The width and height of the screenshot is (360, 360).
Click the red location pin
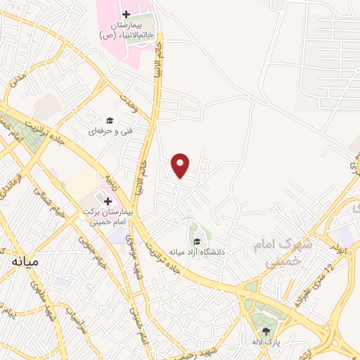(181, 165)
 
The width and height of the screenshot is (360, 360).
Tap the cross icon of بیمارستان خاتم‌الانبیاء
(125, 15)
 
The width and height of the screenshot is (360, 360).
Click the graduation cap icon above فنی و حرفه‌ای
(109, 121)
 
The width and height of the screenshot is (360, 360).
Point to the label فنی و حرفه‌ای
(107, 131)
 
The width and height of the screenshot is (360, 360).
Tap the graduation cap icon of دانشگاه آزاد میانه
(196, 243)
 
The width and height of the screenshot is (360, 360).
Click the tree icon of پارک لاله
(266, 331)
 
